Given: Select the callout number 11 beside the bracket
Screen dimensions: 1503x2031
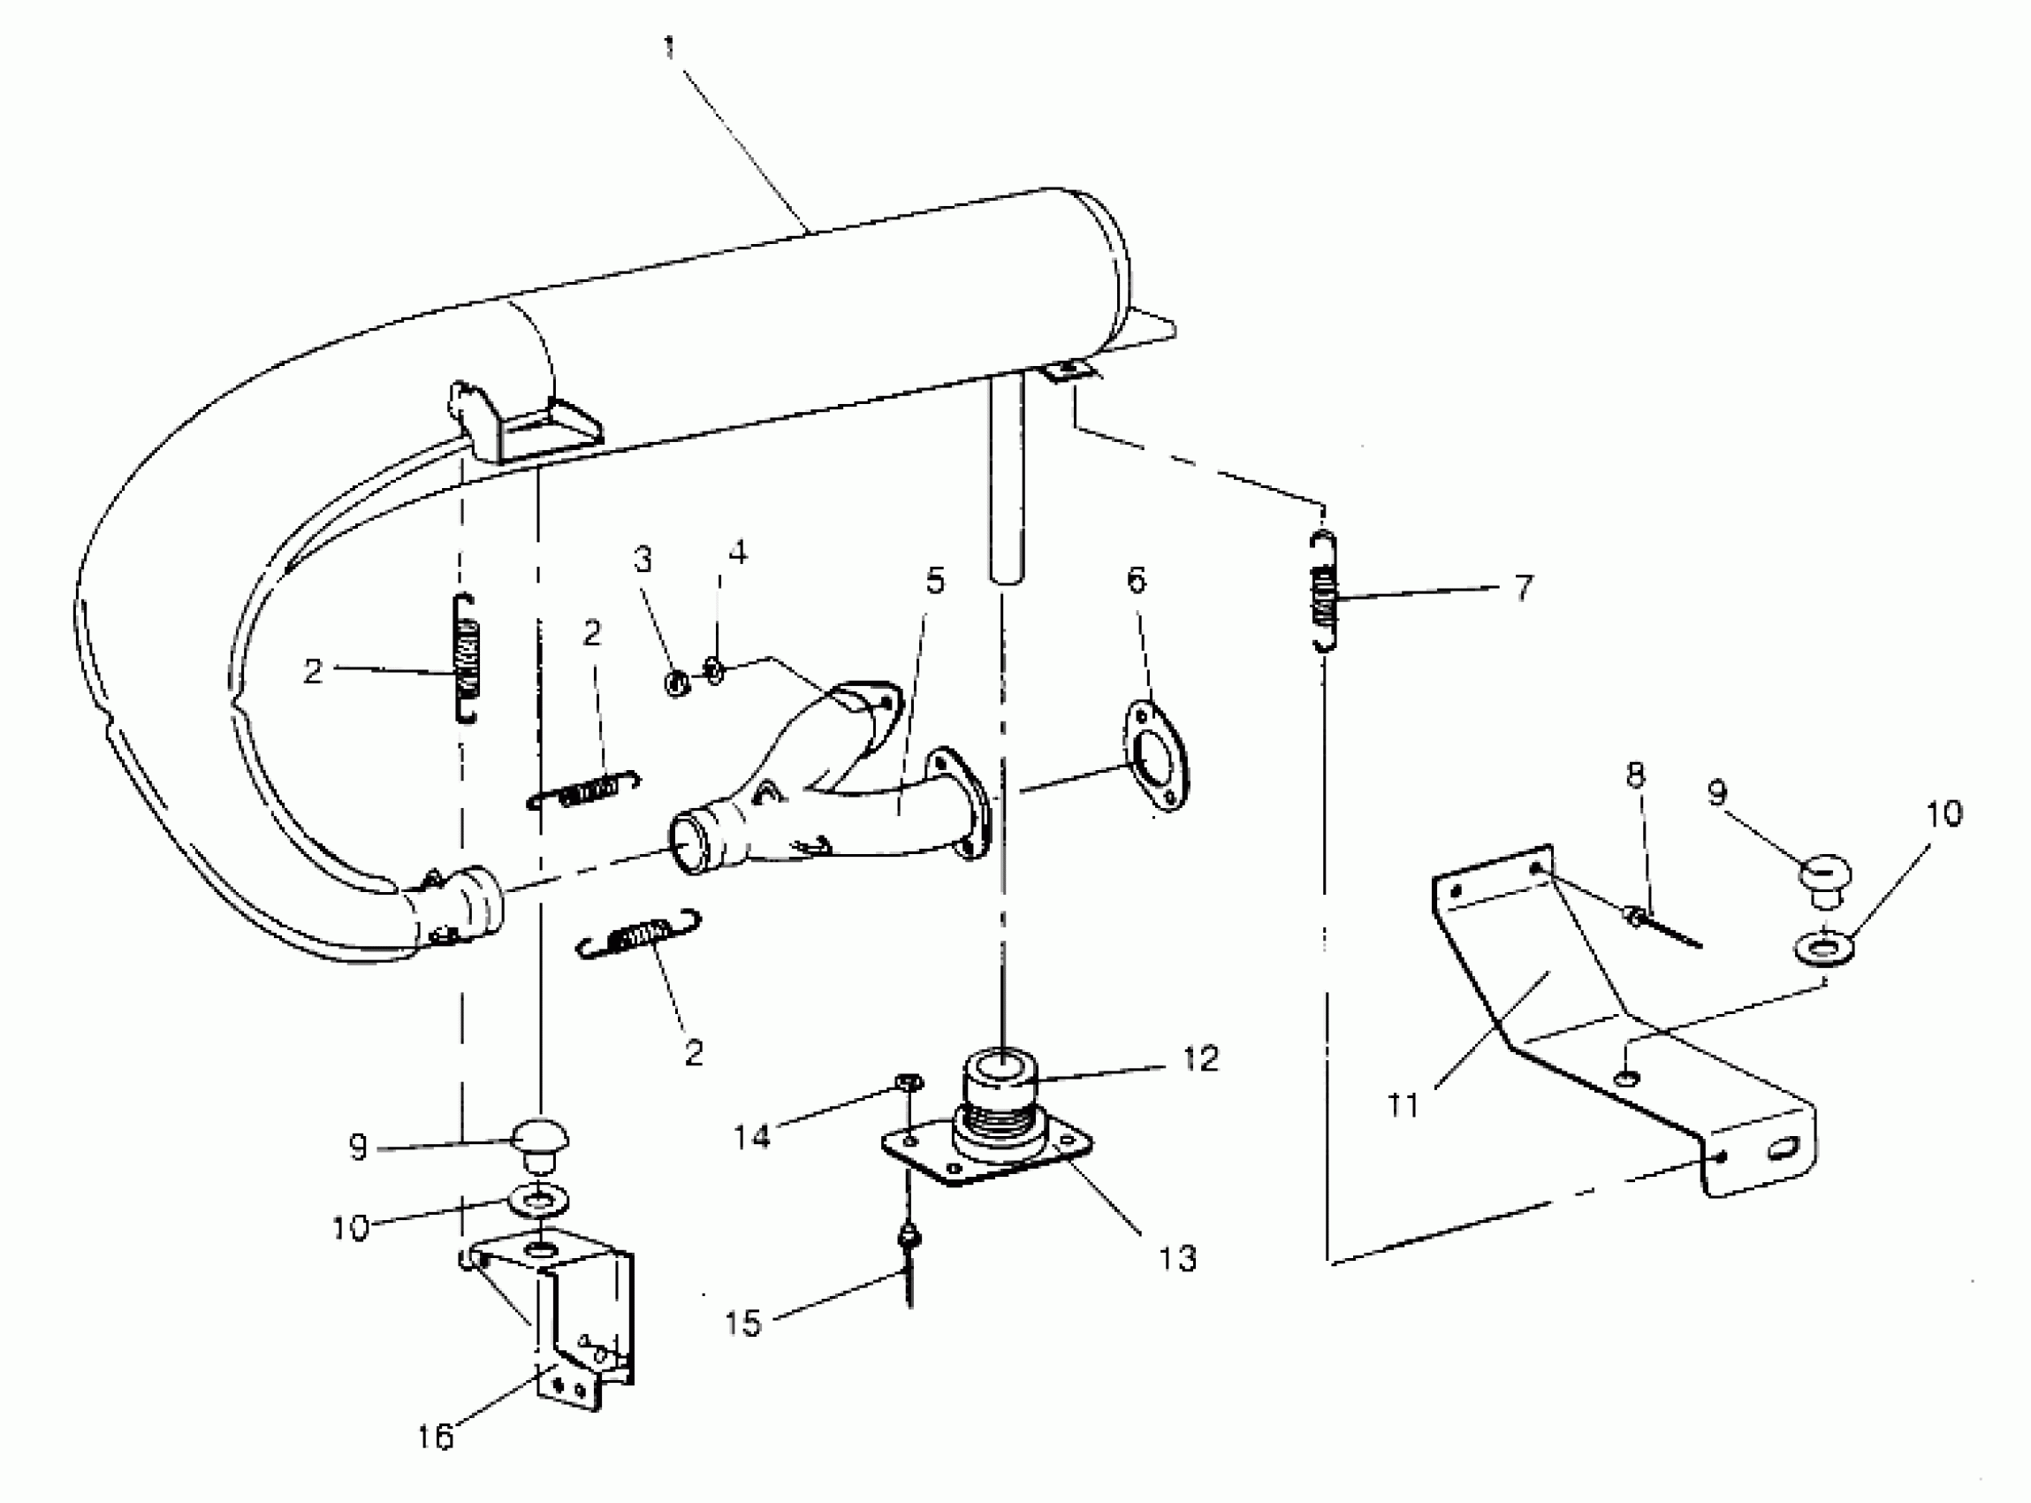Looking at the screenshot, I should (x=1403, y=1104).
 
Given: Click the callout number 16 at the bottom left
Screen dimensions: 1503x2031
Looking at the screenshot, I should (x=435, y=1437).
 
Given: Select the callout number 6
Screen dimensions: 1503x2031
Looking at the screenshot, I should (x=1137, y=580).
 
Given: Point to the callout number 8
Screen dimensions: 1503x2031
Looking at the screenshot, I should (x=1635, y=775).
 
